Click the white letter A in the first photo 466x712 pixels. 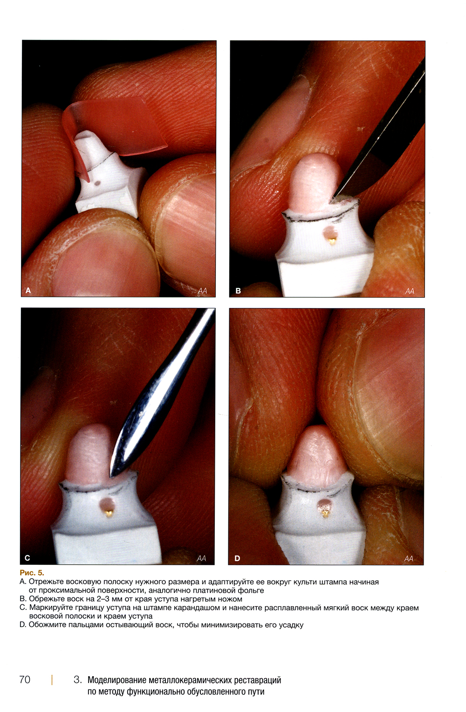tap(28, 290)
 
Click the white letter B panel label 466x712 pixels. tap(238, 290)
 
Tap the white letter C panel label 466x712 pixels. tap(27, 558)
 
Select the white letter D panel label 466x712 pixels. tap(237, 558)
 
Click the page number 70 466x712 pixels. tap(25, 679)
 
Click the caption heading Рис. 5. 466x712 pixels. tap(32, 573)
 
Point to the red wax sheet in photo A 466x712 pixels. tap(115, 127)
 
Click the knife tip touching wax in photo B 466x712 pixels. tap(331, 199)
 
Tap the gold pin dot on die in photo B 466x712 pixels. tap(333, 242)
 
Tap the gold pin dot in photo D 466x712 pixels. tap(325, 513)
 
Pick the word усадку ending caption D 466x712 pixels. tap(291, 625)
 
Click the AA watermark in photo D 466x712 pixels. tap(409, 559)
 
